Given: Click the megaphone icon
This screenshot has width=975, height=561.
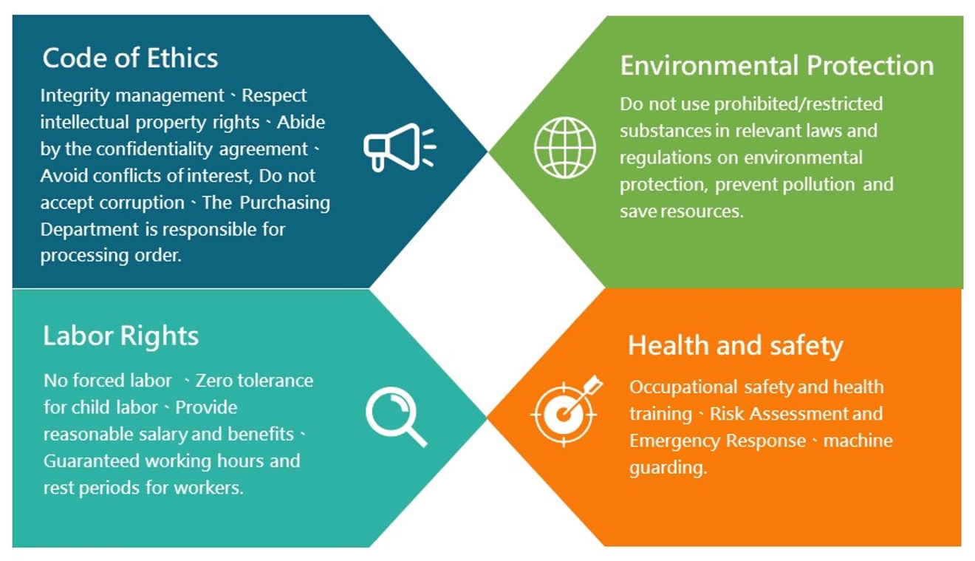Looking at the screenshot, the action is pyautogui.click(x=399, y=147).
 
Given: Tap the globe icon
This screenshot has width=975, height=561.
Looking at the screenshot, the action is pyautogui.click(x=565, y=147).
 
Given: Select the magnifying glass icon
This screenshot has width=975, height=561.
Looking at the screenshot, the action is pyautogui.click(x=396, y=417).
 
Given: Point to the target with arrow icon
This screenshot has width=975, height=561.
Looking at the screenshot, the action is pyautogui.click(x=567, y=411).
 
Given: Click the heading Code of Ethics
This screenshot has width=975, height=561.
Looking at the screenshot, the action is pyautogui.click(x=130, y=58).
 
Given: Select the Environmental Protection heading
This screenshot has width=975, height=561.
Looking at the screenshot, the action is pyautogui.click(x=777, y=66).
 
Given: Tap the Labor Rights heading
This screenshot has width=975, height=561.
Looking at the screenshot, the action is pyautogui.click(x=121, y=337).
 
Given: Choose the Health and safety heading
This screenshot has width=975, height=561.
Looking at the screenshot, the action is pyautogui.click(x=736, y=346).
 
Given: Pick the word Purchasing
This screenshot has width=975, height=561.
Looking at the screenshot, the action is pyautogui.click(x=284, y=203).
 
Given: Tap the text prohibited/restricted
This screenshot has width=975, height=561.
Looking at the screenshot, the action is pyautogui.click(x=798, y=104).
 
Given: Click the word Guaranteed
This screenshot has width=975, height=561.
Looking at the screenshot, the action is pyautogui.click(x=91, y=461).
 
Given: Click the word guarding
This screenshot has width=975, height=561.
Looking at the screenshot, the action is pyautogui.click(x=668, y=469).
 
